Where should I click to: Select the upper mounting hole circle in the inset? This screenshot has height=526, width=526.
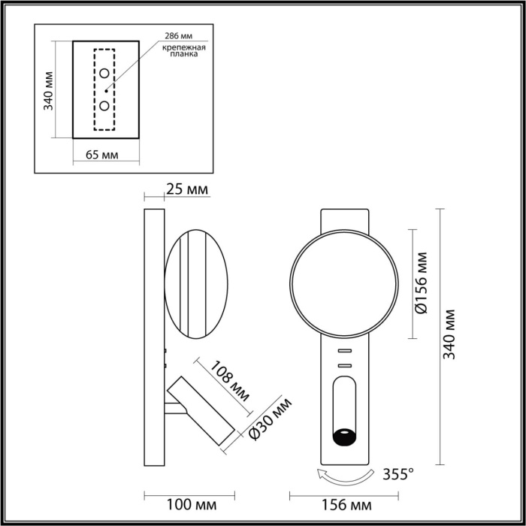click(x=104, y=74)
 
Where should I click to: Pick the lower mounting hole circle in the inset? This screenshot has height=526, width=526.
click(x=104, y=105)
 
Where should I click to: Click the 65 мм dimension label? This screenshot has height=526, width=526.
click(x=101, y=155)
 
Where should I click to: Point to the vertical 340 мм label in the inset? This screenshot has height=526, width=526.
click(x=49, y=90)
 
